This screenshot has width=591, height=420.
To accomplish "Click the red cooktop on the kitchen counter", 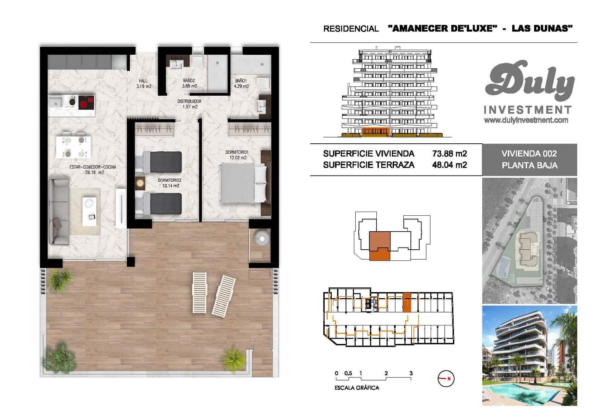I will (86, 102).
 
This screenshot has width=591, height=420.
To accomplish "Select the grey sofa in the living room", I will (59, 212).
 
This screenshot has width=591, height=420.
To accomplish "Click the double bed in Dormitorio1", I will (243, 183).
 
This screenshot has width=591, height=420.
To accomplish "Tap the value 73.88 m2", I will (450, 154).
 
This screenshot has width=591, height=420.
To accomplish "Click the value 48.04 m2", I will (450, 165).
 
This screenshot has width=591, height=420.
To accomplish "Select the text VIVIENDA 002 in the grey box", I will (529, 154).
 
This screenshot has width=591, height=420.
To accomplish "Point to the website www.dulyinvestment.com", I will (526, 120).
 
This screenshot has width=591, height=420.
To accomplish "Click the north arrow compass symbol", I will (446, 379).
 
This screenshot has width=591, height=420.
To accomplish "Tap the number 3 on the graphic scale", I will (411, 373).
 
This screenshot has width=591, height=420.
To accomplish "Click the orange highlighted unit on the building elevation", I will (375, 132).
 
